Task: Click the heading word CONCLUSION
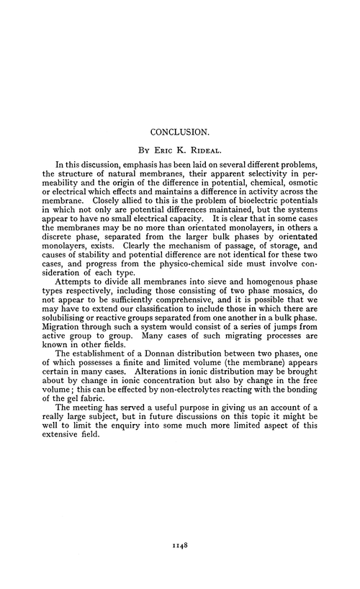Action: pos(180,132)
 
